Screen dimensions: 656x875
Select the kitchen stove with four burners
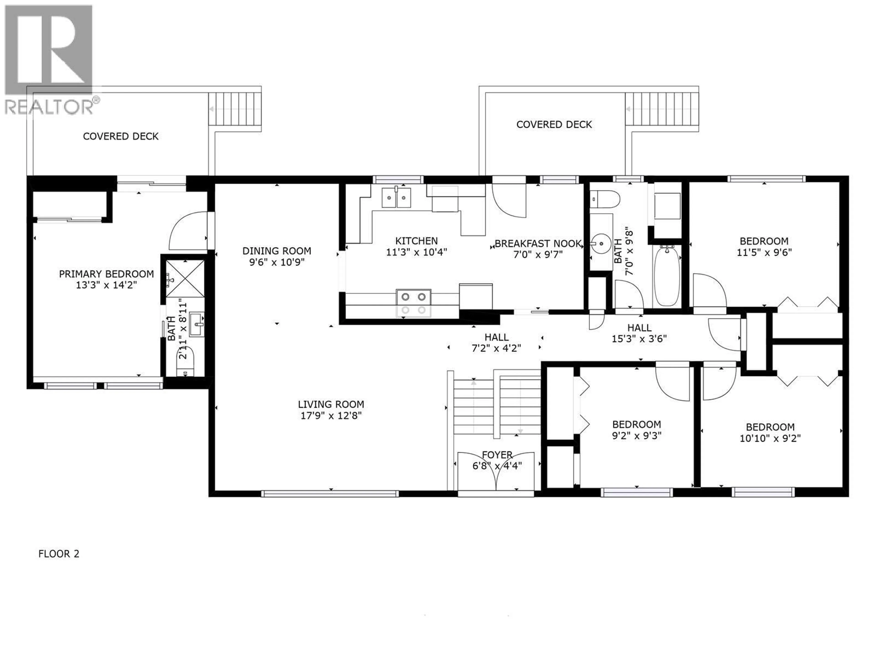413,303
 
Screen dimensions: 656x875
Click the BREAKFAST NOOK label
538,243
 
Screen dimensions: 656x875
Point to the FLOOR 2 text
59,553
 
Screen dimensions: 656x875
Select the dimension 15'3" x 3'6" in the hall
639,339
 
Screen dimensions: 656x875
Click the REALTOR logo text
49,107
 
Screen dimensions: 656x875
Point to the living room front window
330,494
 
